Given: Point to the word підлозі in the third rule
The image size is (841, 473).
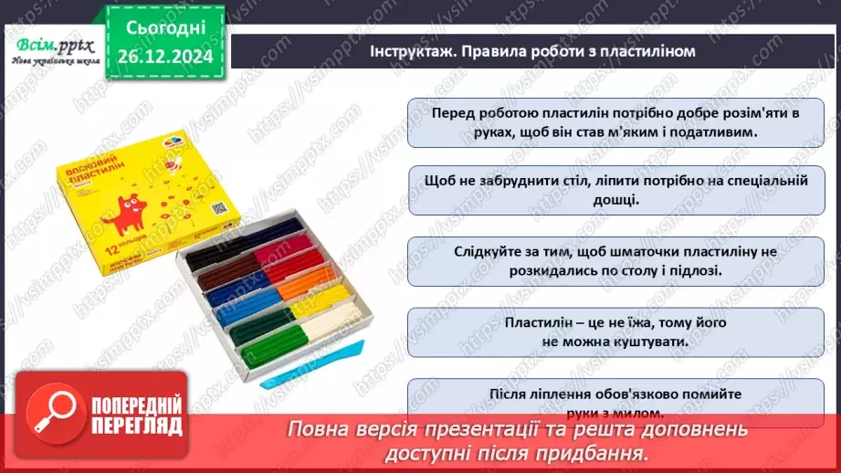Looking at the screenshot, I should click(x=697, y=270).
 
